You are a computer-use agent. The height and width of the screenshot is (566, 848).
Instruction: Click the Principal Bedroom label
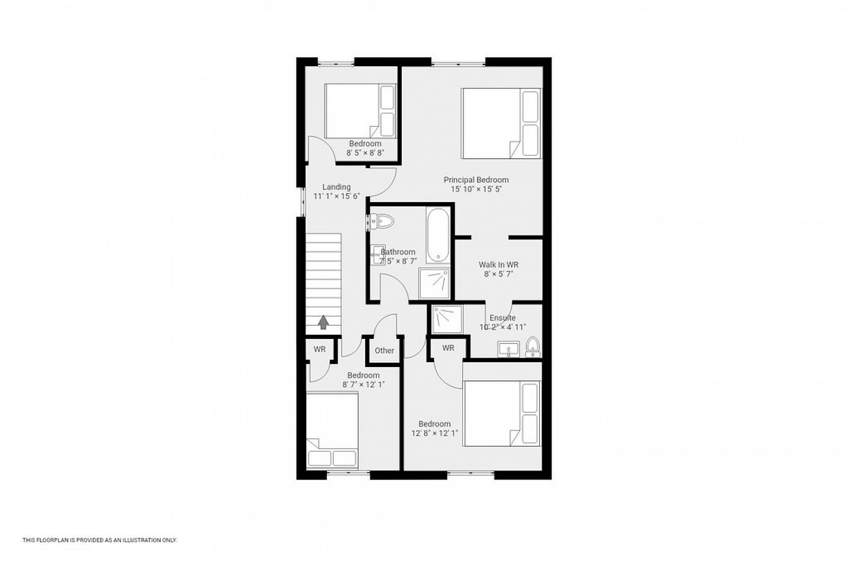click(476, 180)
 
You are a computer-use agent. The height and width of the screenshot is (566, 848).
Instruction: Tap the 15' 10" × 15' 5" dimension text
click(476, 189)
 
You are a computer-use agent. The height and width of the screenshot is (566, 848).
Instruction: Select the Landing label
click(336, 187)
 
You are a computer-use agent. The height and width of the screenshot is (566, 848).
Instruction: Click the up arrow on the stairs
click(323, 323)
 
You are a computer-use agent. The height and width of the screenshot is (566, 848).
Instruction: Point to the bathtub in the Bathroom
click(438, 235)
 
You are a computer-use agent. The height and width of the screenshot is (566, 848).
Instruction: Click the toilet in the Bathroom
click(382, 221)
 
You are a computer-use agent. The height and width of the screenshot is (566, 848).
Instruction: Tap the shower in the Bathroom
click(434, 284)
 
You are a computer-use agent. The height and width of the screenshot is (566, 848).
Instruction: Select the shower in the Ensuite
click(447, 319)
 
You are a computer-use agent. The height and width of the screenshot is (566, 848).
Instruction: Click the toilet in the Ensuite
click(533, 347)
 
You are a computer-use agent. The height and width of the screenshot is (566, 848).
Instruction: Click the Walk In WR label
click(498, 265)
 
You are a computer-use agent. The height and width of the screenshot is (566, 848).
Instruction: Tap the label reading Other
click(384, 351)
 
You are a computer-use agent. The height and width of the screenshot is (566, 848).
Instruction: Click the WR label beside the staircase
click(320, 349)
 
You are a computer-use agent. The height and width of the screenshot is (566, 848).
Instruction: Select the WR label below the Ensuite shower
click(448, 348)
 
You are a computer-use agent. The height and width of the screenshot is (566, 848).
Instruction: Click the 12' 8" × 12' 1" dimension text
click(435, 433)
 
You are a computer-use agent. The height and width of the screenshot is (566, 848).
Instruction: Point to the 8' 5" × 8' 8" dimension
click(365, 153)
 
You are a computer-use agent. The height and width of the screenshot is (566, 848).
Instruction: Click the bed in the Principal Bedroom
click(501, 124)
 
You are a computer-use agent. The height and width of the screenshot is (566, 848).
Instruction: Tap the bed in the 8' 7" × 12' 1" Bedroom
click(332, 431)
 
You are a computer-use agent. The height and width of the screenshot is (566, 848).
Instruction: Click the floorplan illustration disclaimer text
click(100, 540)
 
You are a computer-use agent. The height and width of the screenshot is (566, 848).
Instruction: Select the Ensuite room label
click(502, 317)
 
